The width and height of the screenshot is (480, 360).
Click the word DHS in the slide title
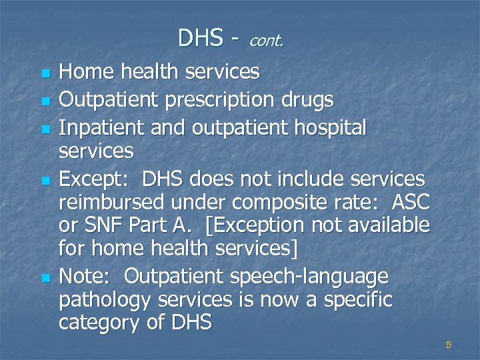click(x=200, y=38)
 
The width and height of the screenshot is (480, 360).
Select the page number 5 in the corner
click(x=449, y=345)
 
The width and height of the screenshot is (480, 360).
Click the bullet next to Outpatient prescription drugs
click(x=45, y=102)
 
